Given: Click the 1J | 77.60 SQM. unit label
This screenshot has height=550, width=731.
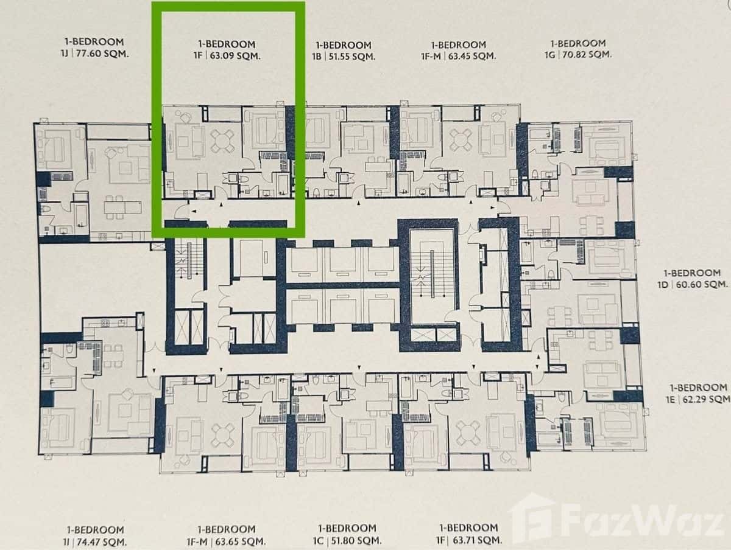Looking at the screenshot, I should (94, 54).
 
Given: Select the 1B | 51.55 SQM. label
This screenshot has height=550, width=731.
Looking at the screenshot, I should (344, 56).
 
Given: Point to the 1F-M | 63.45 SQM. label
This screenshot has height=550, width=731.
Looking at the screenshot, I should (458, 56).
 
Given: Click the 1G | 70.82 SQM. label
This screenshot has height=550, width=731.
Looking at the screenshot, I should (577, 54).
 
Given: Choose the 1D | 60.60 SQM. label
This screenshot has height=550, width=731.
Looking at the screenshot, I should (696, 284).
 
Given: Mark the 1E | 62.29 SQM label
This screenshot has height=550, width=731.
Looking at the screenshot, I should (699, 399).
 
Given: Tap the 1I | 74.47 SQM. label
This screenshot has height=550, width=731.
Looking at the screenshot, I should (94, 540).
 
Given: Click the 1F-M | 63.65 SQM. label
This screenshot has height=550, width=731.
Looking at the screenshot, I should (226, 540).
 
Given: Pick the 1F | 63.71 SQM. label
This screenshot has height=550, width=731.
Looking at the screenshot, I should (467, 539).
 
